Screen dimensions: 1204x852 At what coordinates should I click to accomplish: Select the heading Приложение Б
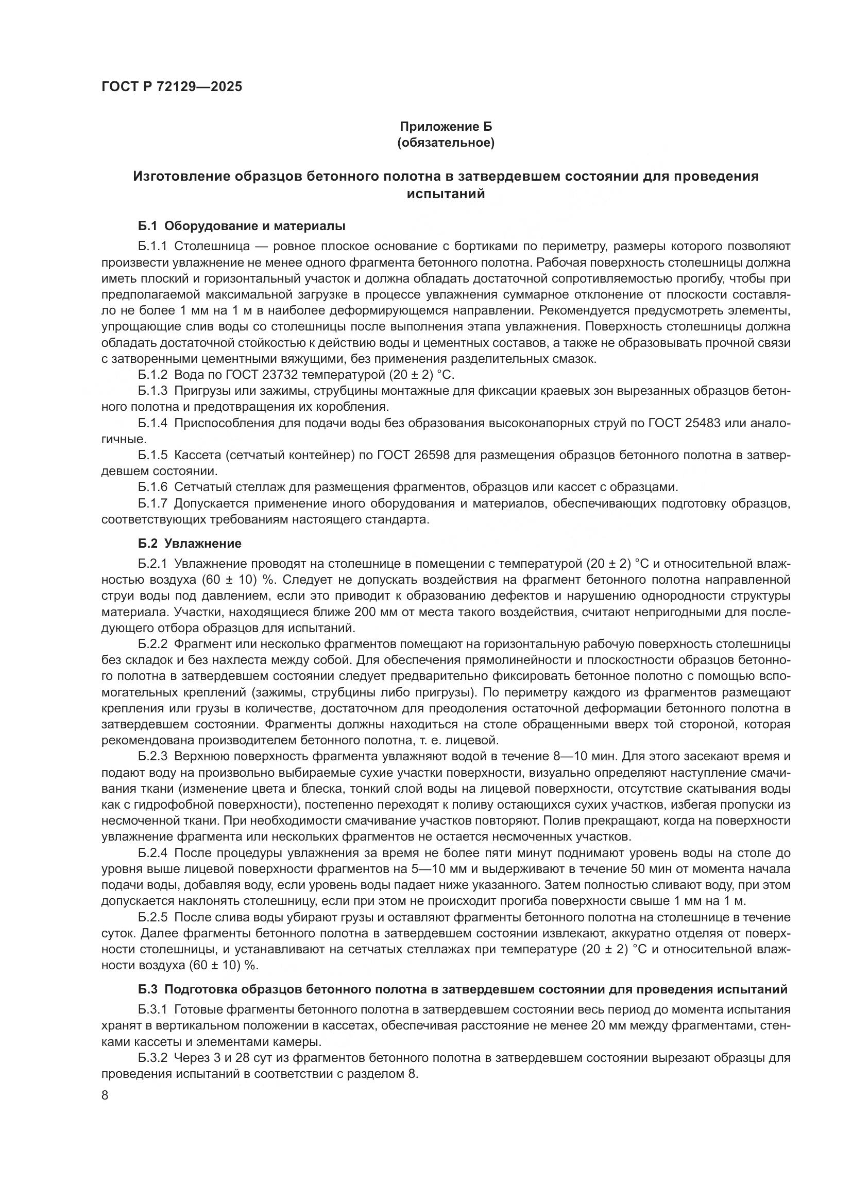[446, 127]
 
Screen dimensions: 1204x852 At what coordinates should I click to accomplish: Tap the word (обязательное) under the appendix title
[446, 143]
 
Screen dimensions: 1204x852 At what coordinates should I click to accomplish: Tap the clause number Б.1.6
[152, 487]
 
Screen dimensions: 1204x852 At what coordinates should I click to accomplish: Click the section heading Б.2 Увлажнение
[190, 543]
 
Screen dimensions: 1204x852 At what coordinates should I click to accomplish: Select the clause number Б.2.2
[152, 644]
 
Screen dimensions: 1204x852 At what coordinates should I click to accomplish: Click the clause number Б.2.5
[152, 917]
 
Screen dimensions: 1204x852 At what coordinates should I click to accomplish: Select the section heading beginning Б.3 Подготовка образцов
[463, 989]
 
